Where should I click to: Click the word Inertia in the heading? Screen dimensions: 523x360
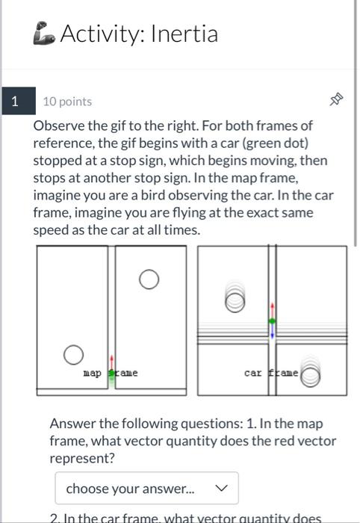click(x=184, y=34)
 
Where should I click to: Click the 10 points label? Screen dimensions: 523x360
click(x=67, y=101)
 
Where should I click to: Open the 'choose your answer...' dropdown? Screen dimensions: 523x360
click(x=146, y=488)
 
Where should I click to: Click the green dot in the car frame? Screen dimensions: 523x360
click(x=272, y=321)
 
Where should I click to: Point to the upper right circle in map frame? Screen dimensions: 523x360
click(x=149, y=279)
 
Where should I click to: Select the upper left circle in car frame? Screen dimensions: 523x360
click(x=235, y=300)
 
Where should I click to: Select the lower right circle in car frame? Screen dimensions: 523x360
click(x=311, y=377)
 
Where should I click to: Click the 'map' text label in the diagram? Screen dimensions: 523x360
click(x=92, y=372)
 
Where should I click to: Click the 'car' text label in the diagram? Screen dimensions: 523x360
click(x=253, y=372)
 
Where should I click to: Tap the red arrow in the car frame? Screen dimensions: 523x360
click(x=272, y=309)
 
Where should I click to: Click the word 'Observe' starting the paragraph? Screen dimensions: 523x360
click(x=58, y=126)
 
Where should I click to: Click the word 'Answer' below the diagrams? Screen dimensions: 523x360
click(x=72, y=424)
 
